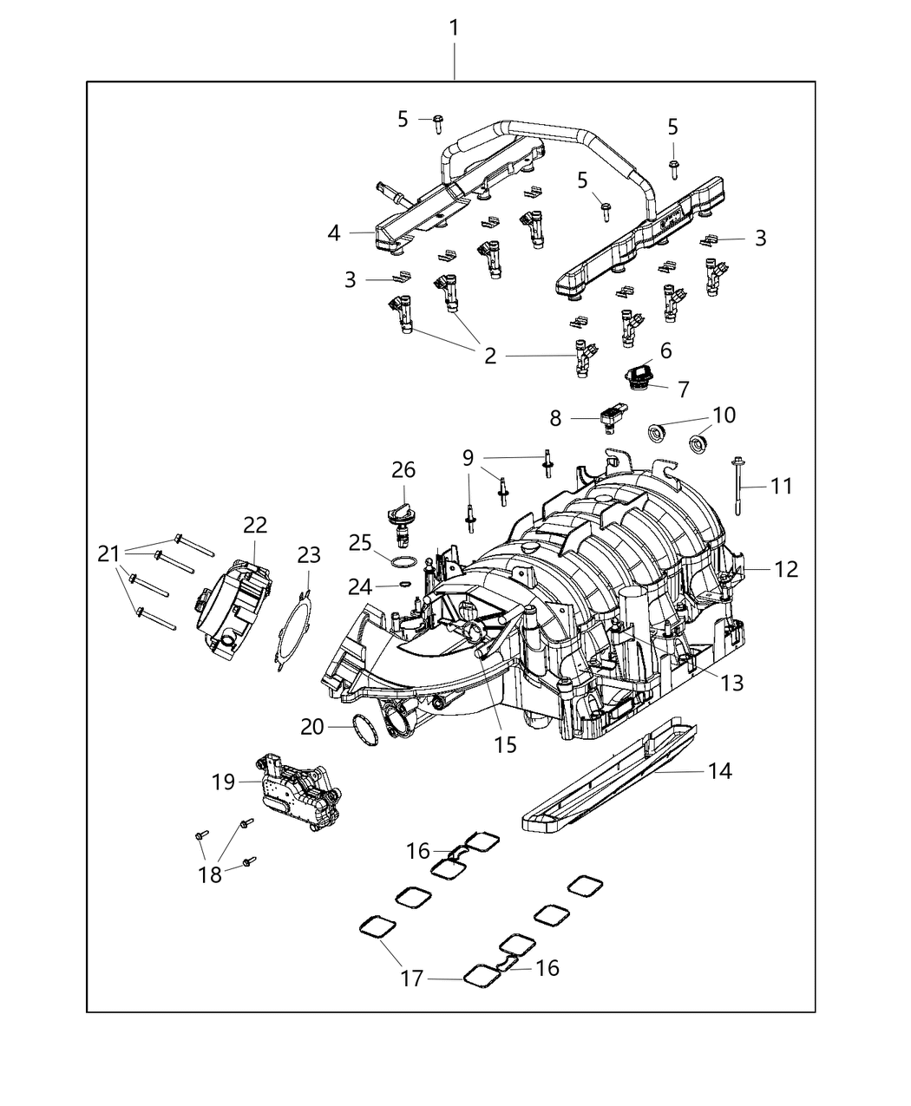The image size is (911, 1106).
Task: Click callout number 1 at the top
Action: [x=454, y=28]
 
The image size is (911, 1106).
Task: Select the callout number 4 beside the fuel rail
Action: [x=334, y=232]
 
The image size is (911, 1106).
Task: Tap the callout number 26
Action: [x=403, y=470]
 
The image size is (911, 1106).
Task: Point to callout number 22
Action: [x=255, y=525]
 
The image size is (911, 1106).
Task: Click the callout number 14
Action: [x=720, y=770]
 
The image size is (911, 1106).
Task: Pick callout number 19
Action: [x=224, y=782]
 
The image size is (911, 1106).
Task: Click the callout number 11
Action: [x=782, y=486]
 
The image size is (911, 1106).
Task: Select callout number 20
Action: [x=312, y=727]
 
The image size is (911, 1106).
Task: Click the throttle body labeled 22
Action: [x=234, y=603]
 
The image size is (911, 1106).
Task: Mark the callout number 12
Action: [x=786, y=570]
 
